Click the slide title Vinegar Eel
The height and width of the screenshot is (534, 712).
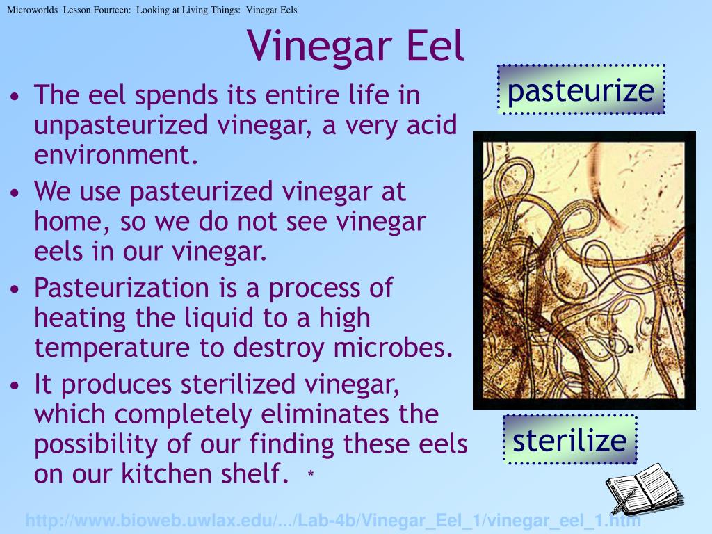click(x=355, y=46)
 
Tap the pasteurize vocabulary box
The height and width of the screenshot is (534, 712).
click(x=581, y=90)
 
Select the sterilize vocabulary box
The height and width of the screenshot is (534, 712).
click(x=569, y=440)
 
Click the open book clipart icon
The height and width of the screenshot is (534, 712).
click(x=643, y=489)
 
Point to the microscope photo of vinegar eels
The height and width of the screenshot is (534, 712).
click(x=584, y=270)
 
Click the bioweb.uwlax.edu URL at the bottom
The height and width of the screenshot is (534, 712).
click(x=332, y=521)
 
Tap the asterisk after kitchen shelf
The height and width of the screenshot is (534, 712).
click(x=311, y=476)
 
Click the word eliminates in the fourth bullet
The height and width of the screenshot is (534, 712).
click(x=326, y=414)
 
